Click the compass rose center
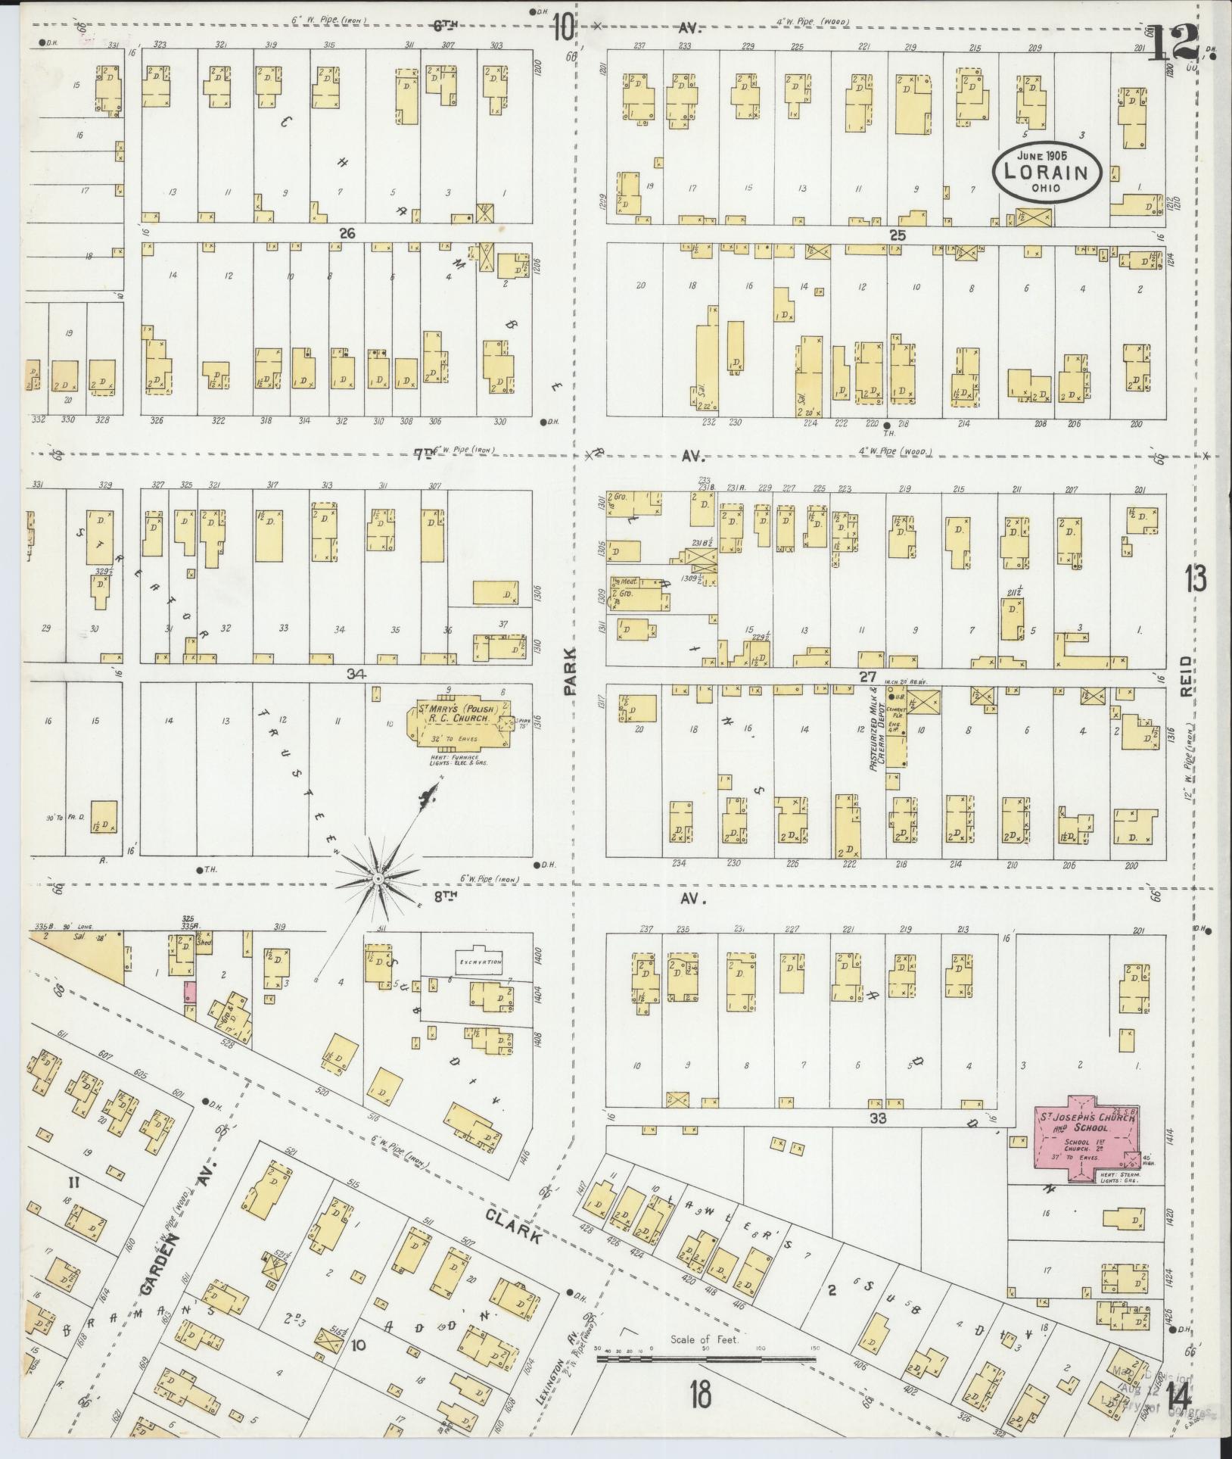pos(376,878)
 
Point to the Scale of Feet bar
pos(705,1360)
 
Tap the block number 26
pos(347,233)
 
